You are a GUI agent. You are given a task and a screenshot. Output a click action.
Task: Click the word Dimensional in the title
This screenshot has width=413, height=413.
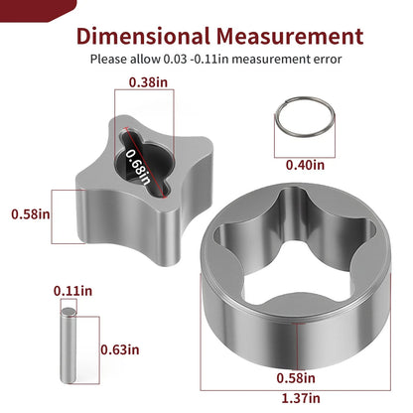143,36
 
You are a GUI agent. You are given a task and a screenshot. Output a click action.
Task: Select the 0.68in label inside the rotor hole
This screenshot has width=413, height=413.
138,167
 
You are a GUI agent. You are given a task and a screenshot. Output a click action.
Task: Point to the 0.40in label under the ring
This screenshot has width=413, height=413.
305,165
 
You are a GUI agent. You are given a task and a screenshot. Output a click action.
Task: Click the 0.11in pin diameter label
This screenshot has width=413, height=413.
72,291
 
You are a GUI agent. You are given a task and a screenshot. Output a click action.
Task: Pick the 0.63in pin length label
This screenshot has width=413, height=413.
120,349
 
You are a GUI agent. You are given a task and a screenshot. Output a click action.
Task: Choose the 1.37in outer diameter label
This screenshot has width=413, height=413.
301,398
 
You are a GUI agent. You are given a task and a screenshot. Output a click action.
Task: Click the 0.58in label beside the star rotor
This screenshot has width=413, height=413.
31,214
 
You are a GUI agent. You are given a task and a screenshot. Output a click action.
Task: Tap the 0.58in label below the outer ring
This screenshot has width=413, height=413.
296,378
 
